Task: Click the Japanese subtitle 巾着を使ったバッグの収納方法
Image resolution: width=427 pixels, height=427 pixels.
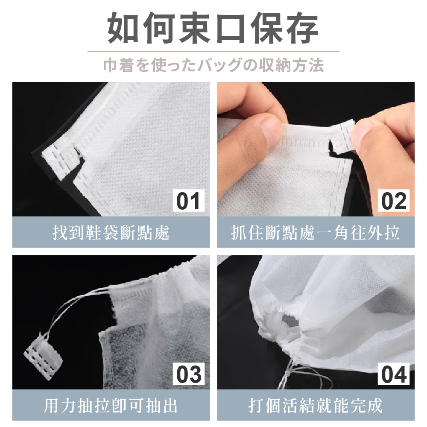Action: point(213,66)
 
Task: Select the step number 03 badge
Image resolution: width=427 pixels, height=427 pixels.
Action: point(188,374)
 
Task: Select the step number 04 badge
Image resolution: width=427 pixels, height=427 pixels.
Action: point(393,374)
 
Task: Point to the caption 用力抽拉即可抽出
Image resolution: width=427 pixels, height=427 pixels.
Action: point(111,406)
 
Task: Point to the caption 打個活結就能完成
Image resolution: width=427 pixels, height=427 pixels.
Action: point(316,406)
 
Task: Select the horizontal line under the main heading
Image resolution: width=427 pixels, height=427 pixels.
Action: point(213,51)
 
